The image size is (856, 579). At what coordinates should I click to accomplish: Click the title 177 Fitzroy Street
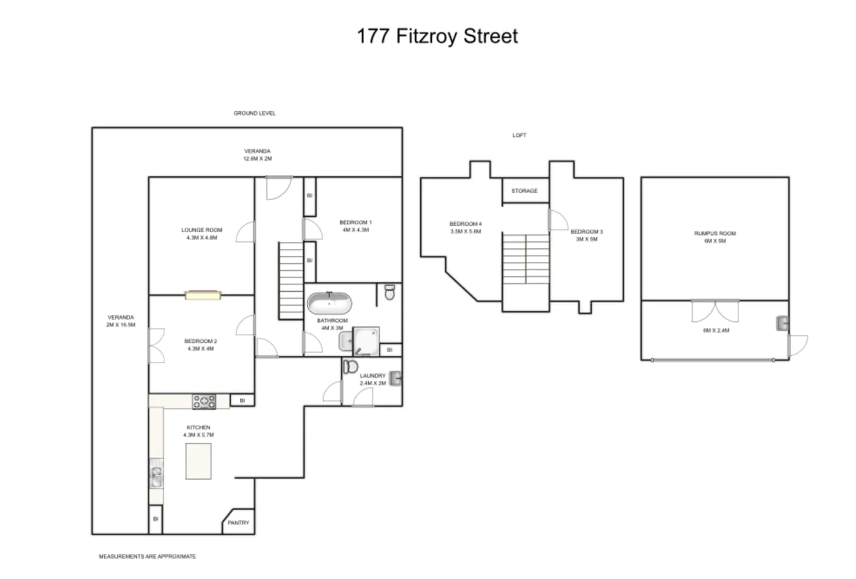point(437,36)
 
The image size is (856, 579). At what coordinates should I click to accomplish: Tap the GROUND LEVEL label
point(254,113)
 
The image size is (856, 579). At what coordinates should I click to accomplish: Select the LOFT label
point(519,135)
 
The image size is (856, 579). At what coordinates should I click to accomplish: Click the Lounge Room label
point(201,233)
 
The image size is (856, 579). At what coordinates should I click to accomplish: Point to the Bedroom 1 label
point(355,226)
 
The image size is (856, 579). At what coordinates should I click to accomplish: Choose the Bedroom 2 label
point(201,345)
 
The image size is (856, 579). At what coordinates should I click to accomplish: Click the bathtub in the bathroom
point(329,305)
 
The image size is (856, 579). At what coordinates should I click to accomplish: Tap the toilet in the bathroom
point(390,292)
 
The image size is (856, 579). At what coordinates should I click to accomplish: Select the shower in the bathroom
point(366,341)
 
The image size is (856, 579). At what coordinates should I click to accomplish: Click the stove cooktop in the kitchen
point(204,401)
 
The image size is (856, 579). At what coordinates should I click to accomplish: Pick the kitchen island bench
point(198,461)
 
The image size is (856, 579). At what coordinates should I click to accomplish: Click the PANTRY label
point(238,523)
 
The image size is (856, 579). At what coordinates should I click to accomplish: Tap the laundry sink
point(395,378)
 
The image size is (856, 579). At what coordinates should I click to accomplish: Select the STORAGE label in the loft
point(524,191)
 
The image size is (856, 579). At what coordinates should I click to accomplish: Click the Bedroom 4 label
point(465,227)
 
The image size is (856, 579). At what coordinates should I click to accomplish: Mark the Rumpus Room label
point(715,236)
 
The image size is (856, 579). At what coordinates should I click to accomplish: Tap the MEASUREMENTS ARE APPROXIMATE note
point(147,556)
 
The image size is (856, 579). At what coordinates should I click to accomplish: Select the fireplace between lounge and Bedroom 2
point(203,295)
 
